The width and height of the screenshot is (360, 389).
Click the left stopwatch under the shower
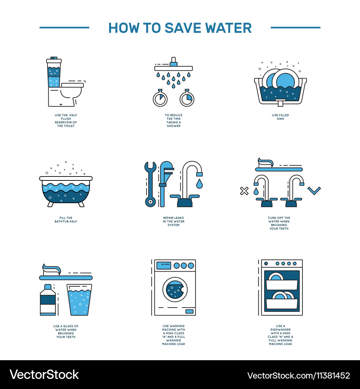pos(160,98)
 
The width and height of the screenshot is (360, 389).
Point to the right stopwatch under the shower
pos(187,98)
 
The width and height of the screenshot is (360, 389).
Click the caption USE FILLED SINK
pos(280,117)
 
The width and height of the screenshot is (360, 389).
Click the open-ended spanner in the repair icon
pos(150,184)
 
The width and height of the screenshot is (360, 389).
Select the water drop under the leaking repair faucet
pos(199,184)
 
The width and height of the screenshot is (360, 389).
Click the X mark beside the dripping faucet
pos(244,191)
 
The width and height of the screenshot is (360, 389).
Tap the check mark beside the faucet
pos(314,191)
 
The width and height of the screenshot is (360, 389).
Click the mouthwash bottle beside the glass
pos(48,300)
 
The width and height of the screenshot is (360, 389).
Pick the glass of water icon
pos(79,300)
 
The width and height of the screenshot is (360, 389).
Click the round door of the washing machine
pos(175,290)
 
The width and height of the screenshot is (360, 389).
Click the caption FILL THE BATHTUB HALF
pos(66,220)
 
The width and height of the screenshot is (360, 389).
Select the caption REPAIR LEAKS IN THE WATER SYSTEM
pos(174,221)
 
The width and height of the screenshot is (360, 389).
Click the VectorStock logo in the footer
pos(44,375)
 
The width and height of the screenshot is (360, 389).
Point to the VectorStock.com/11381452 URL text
pos(299,375)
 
